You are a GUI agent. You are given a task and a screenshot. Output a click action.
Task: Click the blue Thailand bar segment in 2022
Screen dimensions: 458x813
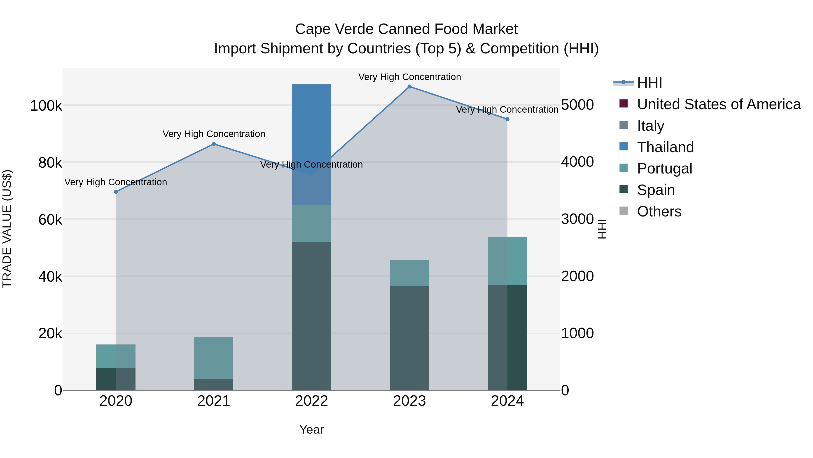311,126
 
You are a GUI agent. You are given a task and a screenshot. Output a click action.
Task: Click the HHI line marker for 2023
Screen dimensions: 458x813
409,87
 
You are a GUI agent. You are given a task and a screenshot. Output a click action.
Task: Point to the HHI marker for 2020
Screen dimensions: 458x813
116,192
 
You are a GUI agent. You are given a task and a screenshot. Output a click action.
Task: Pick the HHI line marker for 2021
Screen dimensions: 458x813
214,144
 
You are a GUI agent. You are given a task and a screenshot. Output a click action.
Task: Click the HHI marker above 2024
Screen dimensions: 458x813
507,119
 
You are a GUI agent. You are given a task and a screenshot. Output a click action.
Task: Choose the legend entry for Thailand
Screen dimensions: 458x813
665,147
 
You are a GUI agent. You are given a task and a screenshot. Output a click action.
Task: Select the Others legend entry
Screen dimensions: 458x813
659,211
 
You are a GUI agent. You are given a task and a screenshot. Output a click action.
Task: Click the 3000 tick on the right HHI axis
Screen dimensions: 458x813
577,219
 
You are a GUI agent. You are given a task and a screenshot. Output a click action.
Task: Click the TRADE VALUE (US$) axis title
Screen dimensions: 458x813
7,229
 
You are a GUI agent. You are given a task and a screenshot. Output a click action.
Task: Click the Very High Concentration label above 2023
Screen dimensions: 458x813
409,77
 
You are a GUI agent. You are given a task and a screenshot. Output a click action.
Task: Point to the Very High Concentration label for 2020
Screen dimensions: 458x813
116,182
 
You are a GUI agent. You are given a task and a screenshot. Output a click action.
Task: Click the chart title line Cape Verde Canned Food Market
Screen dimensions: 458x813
406,29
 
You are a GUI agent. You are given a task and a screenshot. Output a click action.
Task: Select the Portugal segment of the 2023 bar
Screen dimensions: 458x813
409,273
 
